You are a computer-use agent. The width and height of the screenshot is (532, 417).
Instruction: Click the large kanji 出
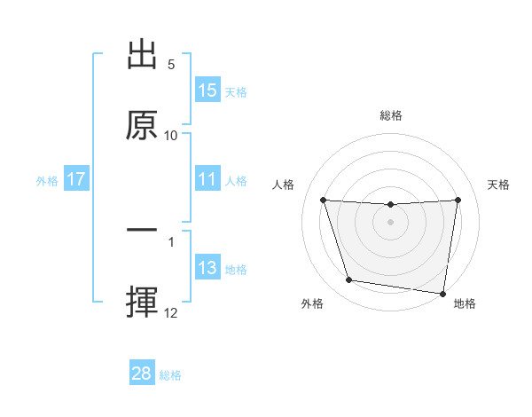coord(142,56)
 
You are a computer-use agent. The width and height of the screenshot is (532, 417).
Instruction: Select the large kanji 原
coord(142,125)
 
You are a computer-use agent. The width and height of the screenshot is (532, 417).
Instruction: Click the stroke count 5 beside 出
coord(171,65)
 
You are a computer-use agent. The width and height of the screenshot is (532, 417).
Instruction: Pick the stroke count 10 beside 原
coord(171,135)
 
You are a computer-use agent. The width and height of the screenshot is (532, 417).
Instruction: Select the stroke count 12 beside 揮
coord(171,312)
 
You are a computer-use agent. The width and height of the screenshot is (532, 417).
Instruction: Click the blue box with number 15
coord(207,90)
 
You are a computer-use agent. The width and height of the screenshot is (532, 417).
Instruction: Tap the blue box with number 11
coord(207,179)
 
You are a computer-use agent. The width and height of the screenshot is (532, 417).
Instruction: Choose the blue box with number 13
coord(207,268)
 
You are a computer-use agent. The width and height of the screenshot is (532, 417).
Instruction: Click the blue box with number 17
coord(76,179)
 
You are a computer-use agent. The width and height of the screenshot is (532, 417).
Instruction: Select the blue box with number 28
coord(142,374)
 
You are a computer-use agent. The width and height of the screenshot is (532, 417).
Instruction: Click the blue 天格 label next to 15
coord(236,91)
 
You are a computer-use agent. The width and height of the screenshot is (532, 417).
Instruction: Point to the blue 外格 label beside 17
coord(47,180)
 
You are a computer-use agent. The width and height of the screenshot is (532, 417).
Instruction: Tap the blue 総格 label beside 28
coord(170,374)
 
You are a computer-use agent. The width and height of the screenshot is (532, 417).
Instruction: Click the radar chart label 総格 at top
coord(391,115)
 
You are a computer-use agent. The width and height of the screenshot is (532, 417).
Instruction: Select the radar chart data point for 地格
coord(443,293)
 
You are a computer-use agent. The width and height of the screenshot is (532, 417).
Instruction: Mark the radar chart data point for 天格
coord(458,201)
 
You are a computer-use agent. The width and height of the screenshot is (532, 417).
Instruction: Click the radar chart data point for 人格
coord(323,201)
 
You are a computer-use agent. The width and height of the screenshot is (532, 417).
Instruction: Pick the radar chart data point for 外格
coord(349,280)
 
